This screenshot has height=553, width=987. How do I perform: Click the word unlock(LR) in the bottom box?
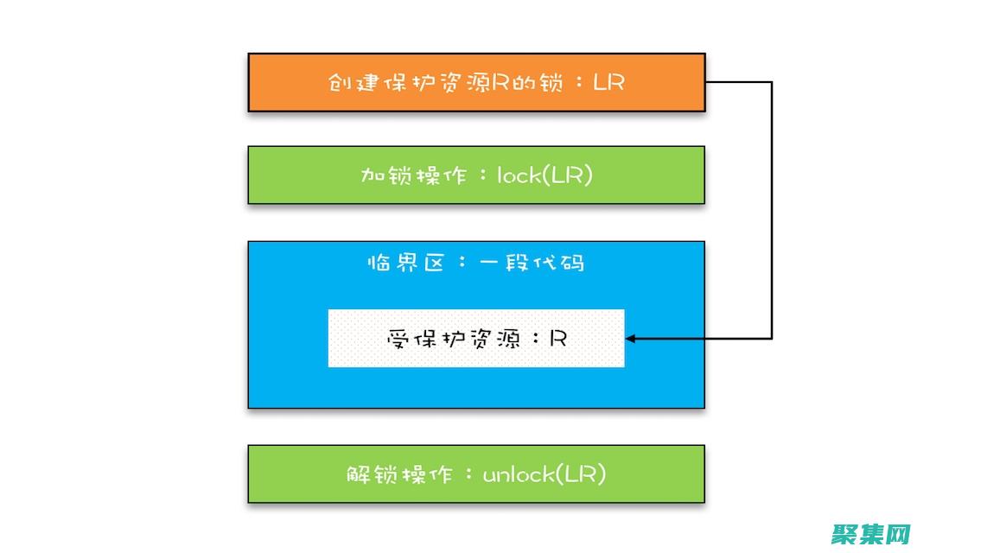coord(544,474)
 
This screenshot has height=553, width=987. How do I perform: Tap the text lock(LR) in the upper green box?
coord(544,175)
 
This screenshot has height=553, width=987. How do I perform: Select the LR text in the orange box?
coord(608,83)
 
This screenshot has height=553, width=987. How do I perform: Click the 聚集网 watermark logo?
coord(871,534)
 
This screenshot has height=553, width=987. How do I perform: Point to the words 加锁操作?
coord(403,175)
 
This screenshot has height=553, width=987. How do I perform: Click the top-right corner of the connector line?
coord(771,83)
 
